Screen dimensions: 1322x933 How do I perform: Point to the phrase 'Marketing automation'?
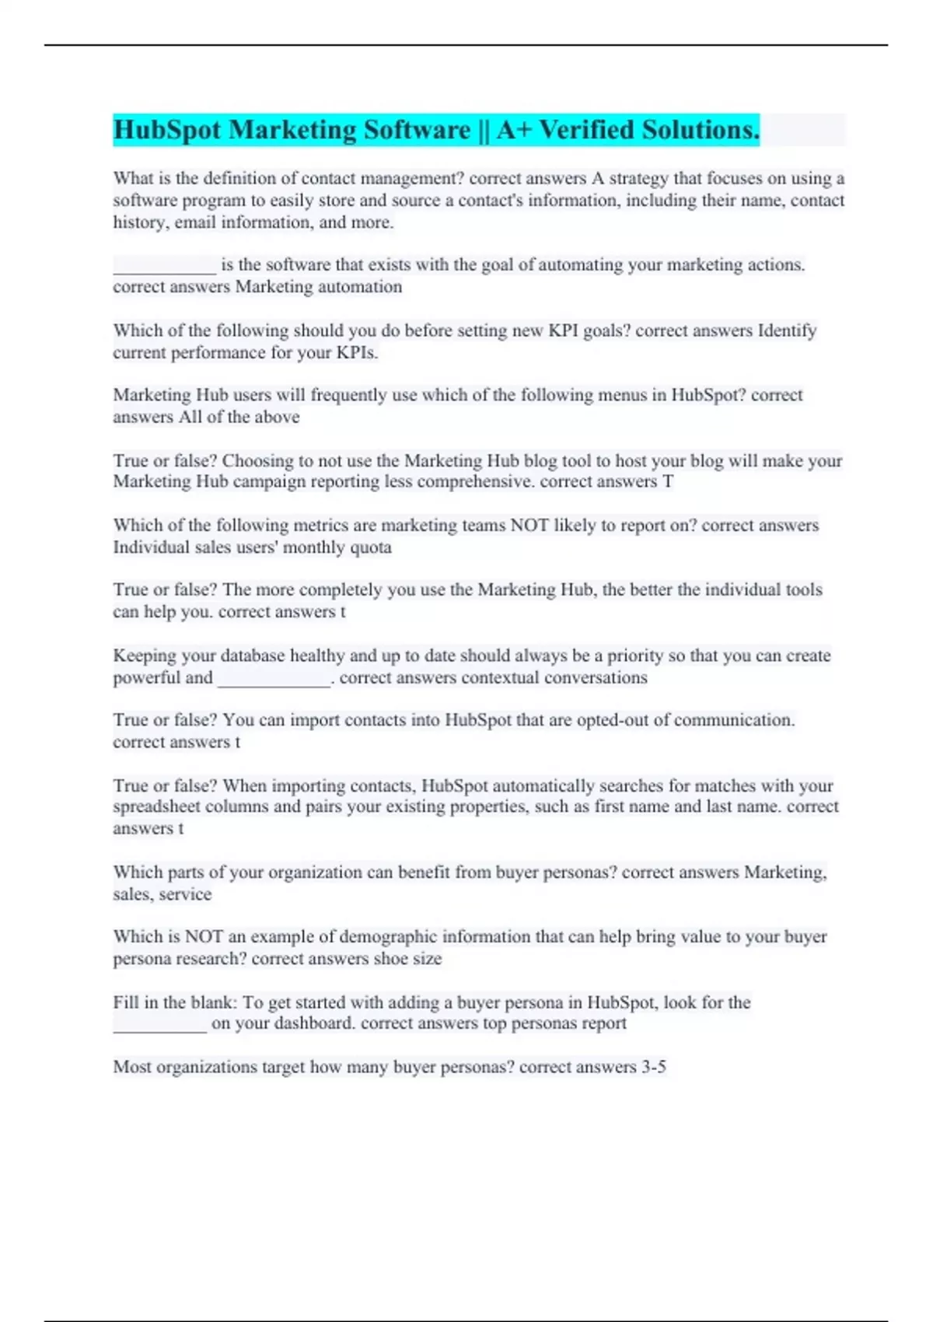[319, 287]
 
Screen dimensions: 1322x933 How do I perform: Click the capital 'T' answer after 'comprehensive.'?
[667, 482]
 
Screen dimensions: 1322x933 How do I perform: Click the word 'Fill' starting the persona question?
[125, 1002]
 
